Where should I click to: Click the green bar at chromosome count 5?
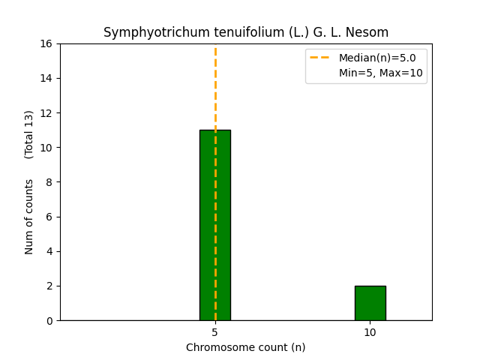pyautogui.click(x=215, y=225)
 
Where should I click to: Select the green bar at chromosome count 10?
pyautogui.click(x=370, y=303)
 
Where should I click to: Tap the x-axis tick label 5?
pyautogui.click(x=215, y=331)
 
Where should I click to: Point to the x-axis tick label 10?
pyautogui.click(x=370, y=331)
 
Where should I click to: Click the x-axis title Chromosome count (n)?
pyautogui.click(x=245, y=347)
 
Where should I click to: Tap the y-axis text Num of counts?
pyautogui.click(x=29, y=216)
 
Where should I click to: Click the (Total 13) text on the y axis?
pyautogui.click(x=29, y=134)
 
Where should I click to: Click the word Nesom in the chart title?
pyautogui.click(x=370, y=32)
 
